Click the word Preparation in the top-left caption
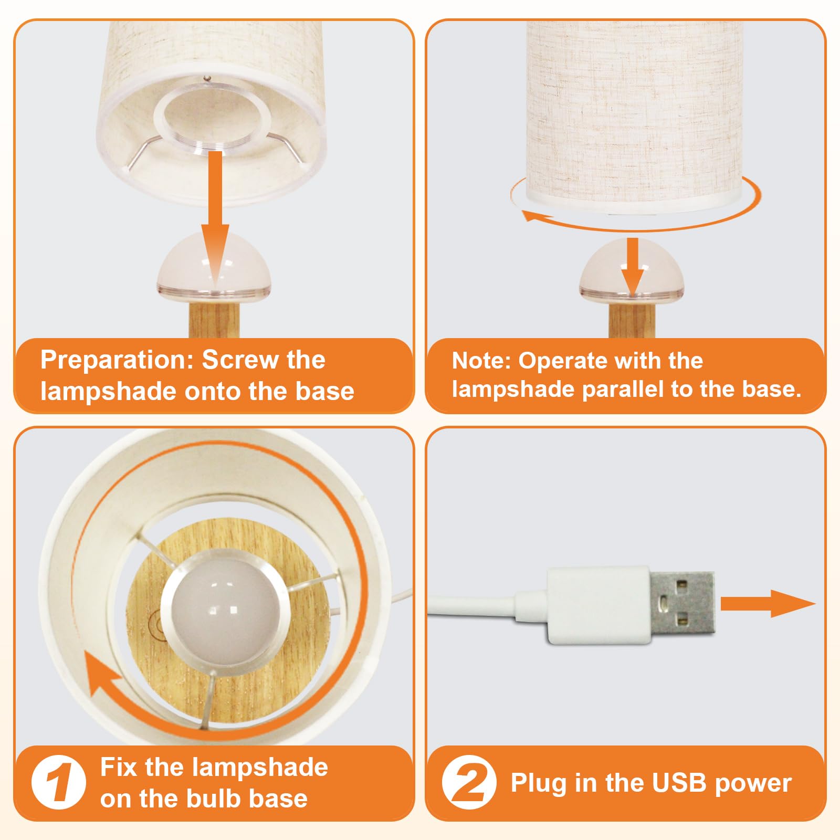(113, 360)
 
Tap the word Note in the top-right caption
(481, 361)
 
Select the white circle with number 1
(58, 782)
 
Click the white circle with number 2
(469, 782)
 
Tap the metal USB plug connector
(682, 603)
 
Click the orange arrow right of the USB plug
(768, 603)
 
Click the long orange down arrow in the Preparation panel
(215, 218)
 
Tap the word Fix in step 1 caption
(119, 767)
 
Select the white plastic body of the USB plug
(598, 605)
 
